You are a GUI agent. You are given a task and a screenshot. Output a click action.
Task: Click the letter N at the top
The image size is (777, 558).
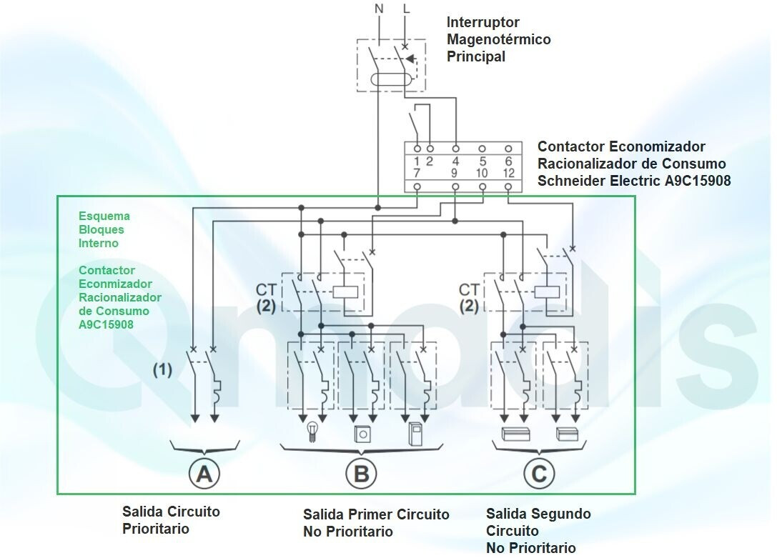point(379,9)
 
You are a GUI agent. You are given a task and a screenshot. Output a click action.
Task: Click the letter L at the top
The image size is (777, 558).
point(407,9)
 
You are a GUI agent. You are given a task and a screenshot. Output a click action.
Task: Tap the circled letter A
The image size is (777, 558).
point(204,474)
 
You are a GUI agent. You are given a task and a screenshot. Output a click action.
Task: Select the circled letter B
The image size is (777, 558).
point(361,474)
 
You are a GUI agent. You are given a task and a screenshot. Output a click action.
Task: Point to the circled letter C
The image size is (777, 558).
point(539,474)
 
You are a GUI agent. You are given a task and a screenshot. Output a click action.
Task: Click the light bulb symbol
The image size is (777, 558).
point(312,430)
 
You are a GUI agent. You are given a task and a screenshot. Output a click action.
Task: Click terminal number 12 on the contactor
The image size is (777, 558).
point(508,173)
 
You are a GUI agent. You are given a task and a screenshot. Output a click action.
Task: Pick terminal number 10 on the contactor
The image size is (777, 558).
point(482,173)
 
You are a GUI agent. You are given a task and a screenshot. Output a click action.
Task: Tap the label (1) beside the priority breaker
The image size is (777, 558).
point(162,370)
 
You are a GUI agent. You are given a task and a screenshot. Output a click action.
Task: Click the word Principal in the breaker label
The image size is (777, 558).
point(476,56)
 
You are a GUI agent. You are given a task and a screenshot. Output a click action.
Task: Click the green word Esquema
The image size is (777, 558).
point(104,216)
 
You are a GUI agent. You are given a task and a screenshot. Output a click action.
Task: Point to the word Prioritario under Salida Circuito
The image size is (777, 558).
point(156,528)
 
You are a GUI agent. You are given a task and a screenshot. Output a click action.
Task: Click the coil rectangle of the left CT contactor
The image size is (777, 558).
point(345,292)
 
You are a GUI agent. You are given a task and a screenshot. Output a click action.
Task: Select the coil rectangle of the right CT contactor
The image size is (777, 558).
point(547,292)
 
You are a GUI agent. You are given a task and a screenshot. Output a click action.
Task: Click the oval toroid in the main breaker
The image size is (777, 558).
point(390,80)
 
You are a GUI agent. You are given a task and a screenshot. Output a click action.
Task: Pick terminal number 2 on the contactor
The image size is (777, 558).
point(430,161)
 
